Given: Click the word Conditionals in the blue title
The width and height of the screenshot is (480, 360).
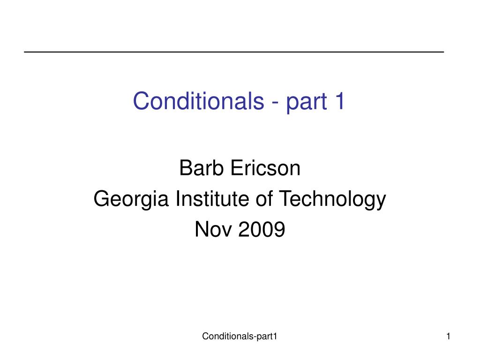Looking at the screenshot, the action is click(198, 101).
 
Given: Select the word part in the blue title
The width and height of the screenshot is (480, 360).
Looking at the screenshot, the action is click(307, 103).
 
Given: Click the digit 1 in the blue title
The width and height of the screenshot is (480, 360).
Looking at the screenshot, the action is click(340, 101).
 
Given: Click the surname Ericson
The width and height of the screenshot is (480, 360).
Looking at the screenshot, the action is click(265, 168).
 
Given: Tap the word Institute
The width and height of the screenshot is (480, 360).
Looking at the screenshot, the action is click(213, 198).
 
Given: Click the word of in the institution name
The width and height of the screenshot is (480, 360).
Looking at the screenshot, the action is click(264, 198).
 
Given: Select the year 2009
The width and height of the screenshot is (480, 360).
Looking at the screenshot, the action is click(262, 229).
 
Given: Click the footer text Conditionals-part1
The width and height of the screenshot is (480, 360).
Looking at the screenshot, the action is click(240, 337).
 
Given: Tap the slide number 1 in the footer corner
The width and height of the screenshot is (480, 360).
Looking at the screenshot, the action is click(448, 337).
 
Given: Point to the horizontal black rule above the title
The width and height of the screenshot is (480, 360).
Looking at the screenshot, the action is click(234, 52).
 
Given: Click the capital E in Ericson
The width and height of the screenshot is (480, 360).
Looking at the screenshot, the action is click(237, 168).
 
